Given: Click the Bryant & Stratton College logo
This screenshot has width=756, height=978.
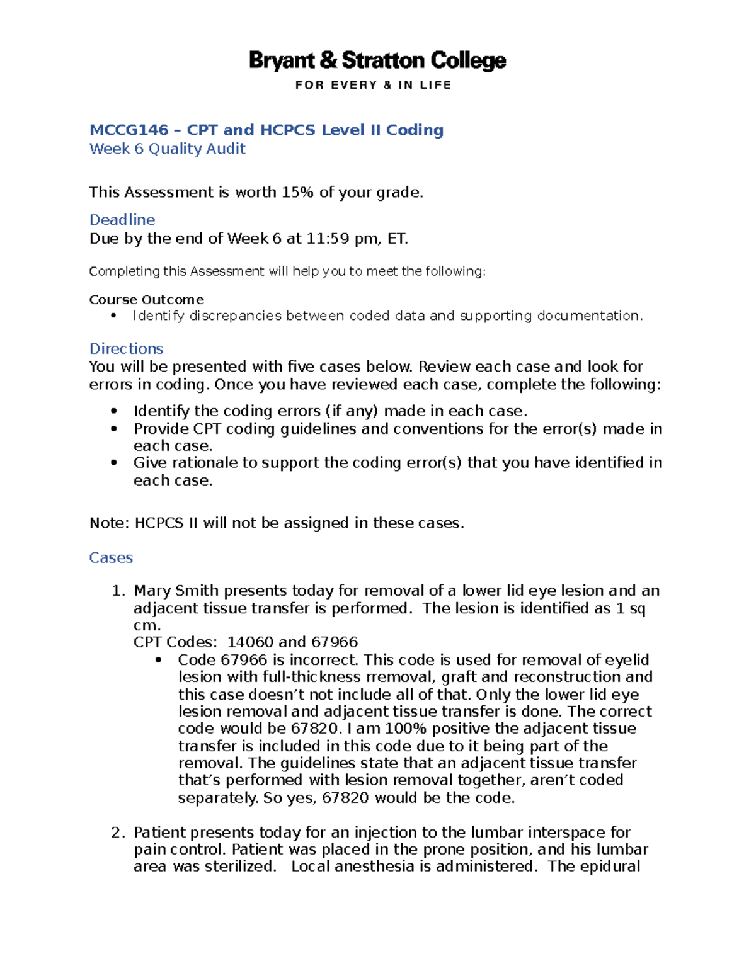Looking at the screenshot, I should [x=377, y=60].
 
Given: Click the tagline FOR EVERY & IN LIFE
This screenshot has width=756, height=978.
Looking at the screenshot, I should [x=373, y=85].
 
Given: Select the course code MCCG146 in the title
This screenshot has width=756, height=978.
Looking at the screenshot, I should [x=129, y=130].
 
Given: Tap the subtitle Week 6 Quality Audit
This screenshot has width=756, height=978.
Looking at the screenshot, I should [x=167, y=149].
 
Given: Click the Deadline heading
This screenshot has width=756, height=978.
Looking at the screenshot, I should [x=122, y=220].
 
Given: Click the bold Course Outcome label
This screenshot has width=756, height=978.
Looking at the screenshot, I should [x=146, y=300].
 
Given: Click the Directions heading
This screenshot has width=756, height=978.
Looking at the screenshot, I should [x=126, y=349].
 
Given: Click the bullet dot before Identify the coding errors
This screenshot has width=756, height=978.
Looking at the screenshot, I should [x=113, y=411].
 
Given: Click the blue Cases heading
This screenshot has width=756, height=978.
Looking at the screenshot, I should [x=111, y=558].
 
